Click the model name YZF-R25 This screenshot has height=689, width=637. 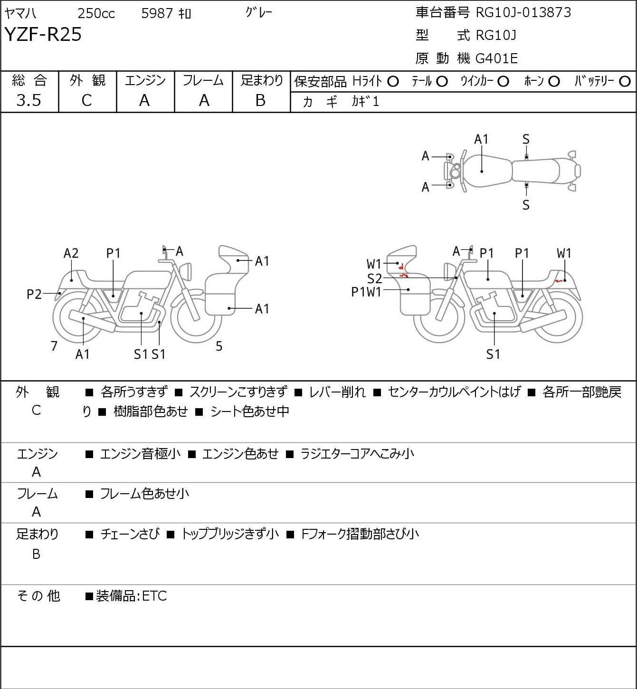pyautogui.click(x=43, y=35)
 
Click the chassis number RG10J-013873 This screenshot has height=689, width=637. pyautogui.click(x=523, y=12)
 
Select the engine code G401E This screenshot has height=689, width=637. pyautogui.click(x=497, y=58)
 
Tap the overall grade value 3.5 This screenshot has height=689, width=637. pyautogui.click(x=29, y=100)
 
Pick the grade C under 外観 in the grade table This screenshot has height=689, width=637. pyautogui.click(x=86, y=100)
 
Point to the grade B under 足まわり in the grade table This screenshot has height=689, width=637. pyautogui.click(x=260, y=100)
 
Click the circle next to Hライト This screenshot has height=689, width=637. pyautogui.click(x=393, y=82)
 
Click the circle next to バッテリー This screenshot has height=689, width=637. pyautogui.click(x=625, y=82)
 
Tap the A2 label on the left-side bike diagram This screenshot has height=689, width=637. pyautogui.click(x=71, y=253)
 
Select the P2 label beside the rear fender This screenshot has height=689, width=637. pyautogui.click(x=34, y=295)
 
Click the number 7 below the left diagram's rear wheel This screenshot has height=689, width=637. pyautogui.click(x=54, y=346)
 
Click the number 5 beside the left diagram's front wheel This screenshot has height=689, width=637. pyautogui.click(x=219, y=346)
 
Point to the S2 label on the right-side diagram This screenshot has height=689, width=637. pyautogui.click(x=374, y=278)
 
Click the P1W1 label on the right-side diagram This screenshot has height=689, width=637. pyautogui.click(x=366, y=292)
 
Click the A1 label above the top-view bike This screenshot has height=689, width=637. pyautogui.click(x=481, y=139)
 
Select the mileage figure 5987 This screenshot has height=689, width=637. pyautogui.click(x=157, y=14)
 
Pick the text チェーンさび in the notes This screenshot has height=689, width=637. pyautogui.click(x=130, y=534)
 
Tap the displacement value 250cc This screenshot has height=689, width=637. pyautogui.click(x=96, y=14)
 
